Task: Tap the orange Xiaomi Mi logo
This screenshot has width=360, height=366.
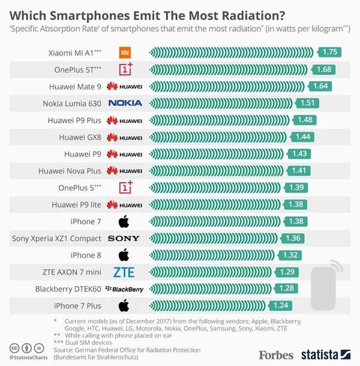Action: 124,52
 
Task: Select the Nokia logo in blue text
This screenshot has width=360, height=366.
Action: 125,103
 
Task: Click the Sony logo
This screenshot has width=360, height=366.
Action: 124,239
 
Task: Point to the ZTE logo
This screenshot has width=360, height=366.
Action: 124,272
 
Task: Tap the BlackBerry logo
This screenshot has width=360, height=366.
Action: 124,289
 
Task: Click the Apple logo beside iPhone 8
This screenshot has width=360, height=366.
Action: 124,255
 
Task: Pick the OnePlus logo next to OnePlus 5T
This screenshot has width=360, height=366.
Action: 125,69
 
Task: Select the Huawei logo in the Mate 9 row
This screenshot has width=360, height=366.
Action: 124,86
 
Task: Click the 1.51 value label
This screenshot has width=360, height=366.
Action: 307,103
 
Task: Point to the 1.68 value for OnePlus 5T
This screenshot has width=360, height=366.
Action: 323,69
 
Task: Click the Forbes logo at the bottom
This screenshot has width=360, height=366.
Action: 276,355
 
